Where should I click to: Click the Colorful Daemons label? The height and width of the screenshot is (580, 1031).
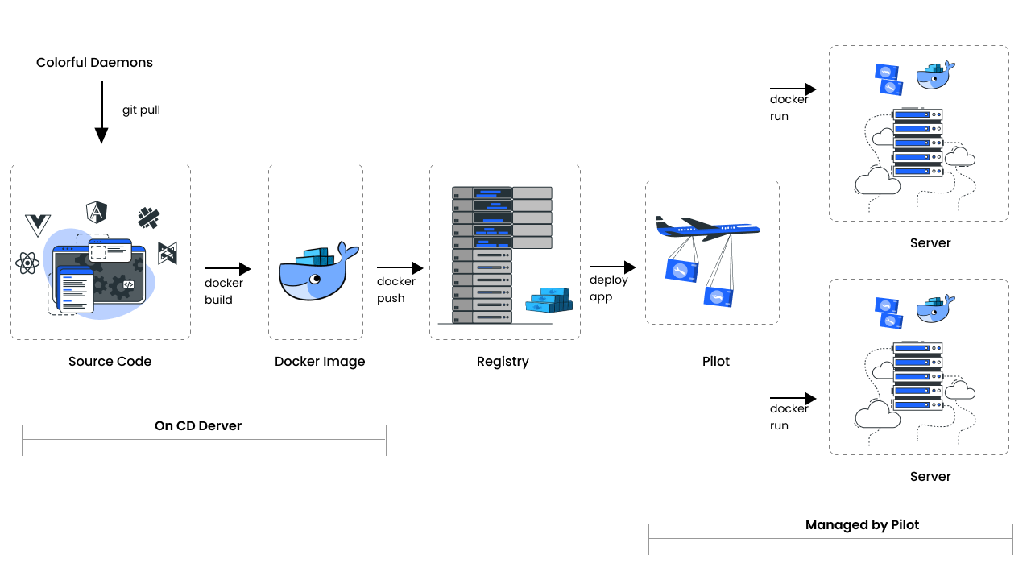pyautogui.click(x=94, y=63)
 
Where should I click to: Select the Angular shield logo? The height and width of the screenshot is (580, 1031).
pyautogui.click(x=97, y=212)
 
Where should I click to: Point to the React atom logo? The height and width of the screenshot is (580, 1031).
pyautogui.click(x=27, y=263)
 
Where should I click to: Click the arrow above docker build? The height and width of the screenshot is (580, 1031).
pyautogui.click(x=228, y=269)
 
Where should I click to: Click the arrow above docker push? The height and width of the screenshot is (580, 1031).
pyautogui.click(x=400, y=267)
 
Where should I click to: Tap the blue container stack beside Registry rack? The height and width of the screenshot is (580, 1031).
pyautogui.click(x=549, y=300)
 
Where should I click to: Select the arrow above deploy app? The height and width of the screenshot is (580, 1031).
pyautogui.click(x=612, y=267)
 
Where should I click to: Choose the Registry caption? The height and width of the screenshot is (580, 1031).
pyautogui.click(x=503, y=362)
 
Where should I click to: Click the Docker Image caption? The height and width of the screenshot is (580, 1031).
pyautogui.click(x=320, y=362)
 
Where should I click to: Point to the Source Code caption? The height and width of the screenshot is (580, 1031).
pyautogui.click(x=110, y=362)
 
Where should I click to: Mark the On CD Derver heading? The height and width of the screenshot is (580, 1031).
pyautogui.click(x=198, y=425)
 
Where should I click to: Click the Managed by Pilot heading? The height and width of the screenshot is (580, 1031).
pyautogui.click(x=862, y=525)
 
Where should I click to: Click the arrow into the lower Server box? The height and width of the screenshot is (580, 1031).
pyautogui.click(x=793, y=399)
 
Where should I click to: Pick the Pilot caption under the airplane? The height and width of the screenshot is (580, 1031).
pyautogui.click(x=716, y=362)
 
